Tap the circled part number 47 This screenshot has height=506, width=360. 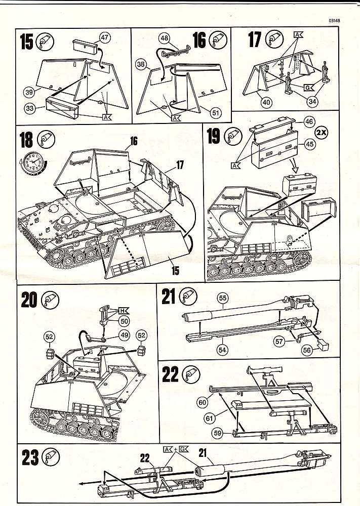point(105,37)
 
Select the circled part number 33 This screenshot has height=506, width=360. point(31,108)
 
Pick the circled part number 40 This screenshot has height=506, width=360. point(267,103)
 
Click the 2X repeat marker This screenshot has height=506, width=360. point(322,133)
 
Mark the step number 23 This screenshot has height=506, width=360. point(31,458)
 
